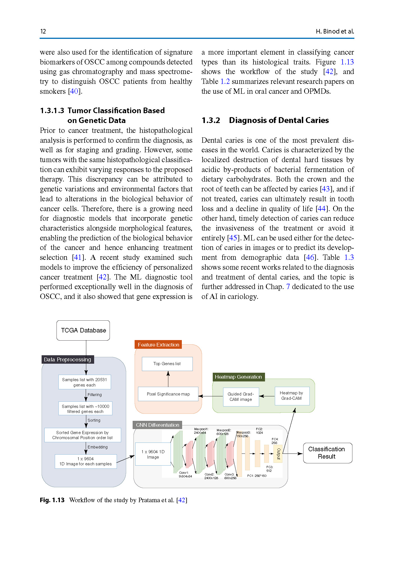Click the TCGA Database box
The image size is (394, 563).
[x=83, y=330]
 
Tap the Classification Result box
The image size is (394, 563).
[x=327, y=453]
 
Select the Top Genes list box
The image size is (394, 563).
[x=167, y=364]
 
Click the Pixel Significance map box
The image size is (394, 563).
[x=168, y=394]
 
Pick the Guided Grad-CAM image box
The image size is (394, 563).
[x=241, y=397]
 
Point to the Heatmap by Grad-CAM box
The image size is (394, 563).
[x=291, y=396]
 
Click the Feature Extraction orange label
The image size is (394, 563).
[x=158, y=345]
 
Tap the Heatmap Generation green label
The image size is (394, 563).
[x=238, y=377]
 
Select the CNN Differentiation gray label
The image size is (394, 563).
[x=157, y=425]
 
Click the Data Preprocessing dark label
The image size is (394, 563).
[x=67, y=359]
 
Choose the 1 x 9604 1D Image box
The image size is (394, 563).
[x=153, y=454]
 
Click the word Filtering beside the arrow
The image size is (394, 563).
[x=95, y=395]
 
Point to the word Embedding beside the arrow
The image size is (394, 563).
[x=98, y=447]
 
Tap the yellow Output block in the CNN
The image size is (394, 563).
[x=278, y=454]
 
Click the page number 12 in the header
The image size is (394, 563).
[x=43, y=31]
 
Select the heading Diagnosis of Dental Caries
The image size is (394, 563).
[x=279, y=120]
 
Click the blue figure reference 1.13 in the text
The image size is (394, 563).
[x=347, y=62]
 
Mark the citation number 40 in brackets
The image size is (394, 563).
[x=74, y=91]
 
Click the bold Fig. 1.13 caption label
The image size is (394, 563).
[x=52, y=500]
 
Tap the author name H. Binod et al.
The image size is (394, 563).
[x=335, y=31]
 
